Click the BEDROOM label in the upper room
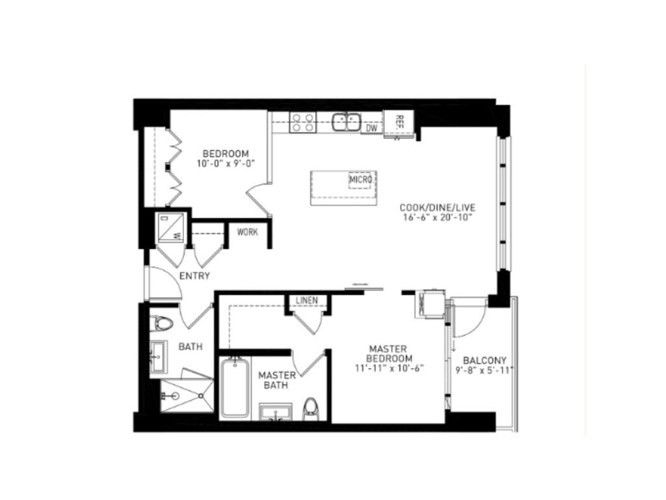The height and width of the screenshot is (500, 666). pyautogui.click(x=226, y=154)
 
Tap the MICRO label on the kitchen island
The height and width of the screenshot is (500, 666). pyautogui.click(x=360, y=180)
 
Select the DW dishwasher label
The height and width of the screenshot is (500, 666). pyautogui.click(x=371, y=128)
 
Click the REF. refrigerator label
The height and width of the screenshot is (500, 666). pyautogui.click(x=399, y=121)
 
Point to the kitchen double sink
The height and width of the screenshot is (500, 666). pyautogui.click(x=347, y=122)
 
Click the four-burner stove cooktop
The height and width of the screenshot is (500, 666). pyautogui.click(x=303, y=122)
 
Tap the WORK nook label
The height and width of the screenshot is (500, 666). pyautogui.click(x=248, y=232)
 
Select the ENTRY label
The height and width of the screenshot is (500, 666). pyautogui.click(x=194, y=276)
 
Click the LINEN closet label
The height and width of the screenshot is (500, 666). pyautogui.click(x=307, y=300)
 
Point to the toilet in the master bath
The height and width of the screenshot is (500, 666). pyautogui.click(x=311, y=408)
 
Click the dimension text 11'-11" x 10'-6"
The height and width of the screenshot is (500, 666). pyautogui.click(x=390, y=368)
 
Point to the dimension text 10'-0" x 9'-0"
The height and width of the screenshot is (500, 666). pyautogui.click(x=226, y=163)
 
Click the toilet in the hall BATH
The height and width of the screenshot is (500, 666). pyautogui.click(x=161, y=324)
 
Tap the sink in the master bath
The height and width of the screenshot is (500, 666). pyautogui.click(x=276, y=411)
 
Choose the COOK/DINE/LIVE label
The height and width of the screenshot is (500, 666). pyautogui.click(x=438, y=208)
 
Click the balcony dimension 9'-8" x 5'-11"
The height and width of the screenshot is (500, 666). pyautogui.click(x=485, y=370)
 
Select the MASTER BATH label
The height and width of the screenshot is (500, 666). pyautogui.click(x=277, y=380)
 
